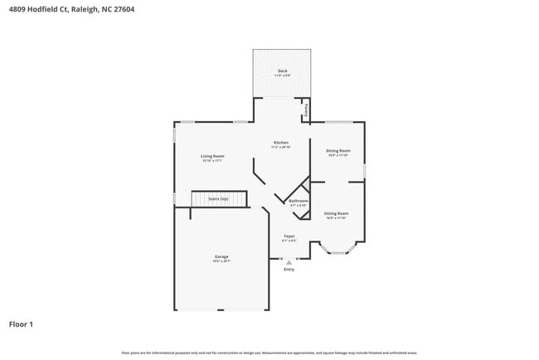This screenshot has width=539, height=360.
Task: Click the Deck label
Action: point(282,71)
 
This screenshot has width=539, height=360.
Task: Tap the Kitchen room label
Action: point(281,143)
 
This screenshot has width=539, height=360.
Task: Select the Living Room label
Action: point(212,156)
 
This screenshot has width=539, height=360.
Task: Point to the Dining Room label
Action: point(337,150)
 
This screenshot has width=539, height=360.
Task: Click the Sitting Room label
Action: point(336,213)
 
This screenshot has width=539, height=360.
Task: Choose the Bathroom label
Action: point(299,201)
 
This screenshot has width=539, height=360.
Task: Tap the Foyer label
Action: point(289,236)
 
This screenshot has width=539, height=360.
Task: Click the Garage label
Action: point(221,256)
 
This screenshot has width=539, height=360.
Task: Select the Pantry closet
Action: point(306,109)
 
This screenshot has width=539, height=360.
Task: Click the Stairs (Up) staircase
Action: point(220,200)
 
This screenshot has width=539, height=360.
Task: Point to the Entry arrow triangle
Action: point(289,262)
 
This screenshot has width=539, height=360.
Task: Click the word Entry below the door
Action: point(289,270)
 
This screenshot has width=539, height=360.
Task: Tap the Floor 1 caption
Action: point(21,324)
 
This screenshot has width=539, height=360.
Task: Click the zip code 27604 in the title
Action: point(123,10)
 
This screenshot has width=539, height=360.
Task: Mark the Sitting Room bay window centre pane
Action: point(338,252)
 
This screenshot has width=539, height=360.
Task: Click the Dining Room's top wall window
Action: point(338,122)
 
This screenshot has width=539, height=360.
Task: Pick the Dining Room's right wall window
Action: point(364,171)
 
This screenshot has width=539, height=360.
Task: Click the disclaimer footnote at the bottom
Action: point(269,353)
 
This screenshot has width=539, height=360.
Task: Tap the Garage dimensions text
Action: point(221,261)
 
